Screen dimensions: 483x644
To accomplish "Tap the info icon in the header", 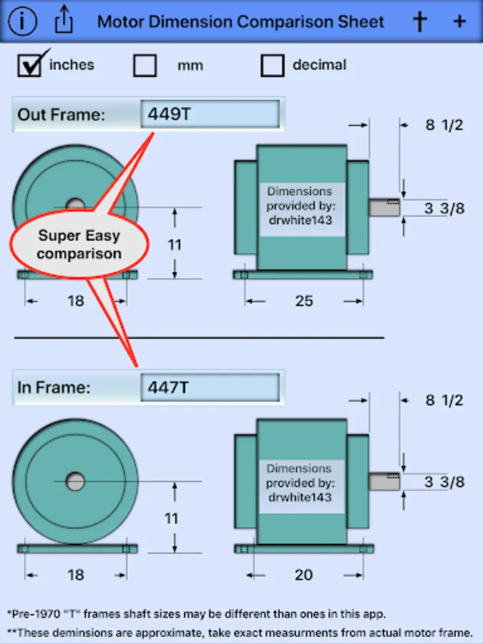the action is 22,21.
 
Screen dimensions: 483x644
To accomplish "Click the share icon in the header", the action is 64,19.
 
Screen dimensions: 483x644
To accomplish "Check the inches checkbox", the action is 29,65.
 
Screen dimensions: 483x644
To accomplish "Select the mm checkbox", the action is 145,65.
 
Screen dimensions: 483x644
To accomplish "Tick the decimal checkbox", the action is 273,65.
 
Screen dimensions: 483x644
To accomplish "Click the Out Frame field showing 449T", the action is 210,114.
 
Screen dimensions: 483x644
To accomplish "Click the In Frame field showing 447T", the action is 210,387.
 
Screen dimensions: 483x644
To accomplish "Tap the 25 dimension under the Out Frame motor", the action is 304,301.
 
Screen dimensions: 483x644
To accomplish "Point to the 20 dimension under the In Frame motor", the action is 304,575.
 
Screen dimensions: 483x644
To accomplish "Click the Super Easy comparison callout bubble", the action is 79,245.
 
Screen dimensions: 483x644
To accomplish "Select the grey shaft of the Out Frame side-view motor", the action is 384,208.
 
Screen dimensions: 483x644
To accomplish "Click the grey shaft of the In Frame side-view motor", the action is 384,482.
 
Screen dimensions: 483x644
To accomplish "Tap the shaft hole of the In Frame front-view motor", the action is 75,482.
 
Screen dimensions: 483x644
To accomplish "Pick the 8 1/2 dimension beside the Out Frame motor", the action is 444,125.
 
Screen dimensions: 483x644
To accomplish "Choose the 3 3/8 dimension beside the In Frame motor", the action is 444,482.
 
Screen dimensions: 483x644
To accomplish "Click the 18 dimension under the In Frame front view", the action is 76,575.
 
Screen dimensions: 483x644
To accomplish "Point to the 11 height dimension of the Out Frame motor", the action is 175,245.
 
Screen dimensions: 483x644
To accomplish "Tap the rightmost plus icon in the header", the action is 459,21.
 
